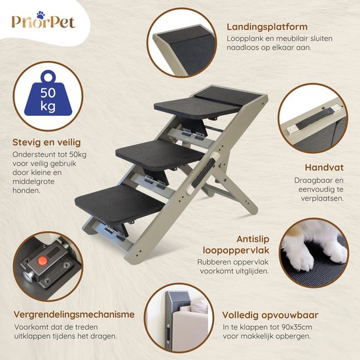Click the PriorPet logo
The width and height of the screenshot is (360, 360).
click(43, 21)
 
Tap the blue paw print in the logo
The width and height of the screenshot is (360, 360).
click(41, 15)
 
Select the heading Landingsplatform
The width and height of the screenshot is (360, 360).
click(267, 27)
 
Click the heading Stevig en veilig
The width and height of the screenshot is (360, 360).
click(46, 143)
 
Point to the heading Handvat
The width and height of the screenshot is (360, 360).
click(324, 168)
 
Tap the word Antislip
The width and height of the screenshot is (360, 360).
click(253, 239)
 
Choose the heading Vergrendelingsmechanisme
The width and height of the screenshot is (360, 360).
click(74, 315)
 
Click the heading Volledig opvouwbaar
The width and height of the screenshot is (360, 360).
click(270, 315)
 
